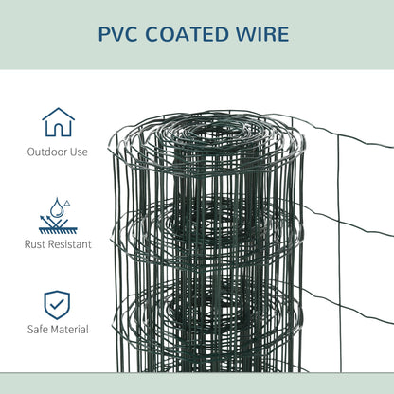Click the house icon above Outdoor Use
click(x=59, y=123)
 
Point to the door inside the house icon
click(x=59, y=130)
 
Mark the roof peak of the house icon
click(x=59, y=110)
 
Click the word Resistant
click(x=71, y=244)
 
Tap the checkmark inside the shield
click(x=59, y=304)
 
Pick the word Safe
click(x=41, y=329)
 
